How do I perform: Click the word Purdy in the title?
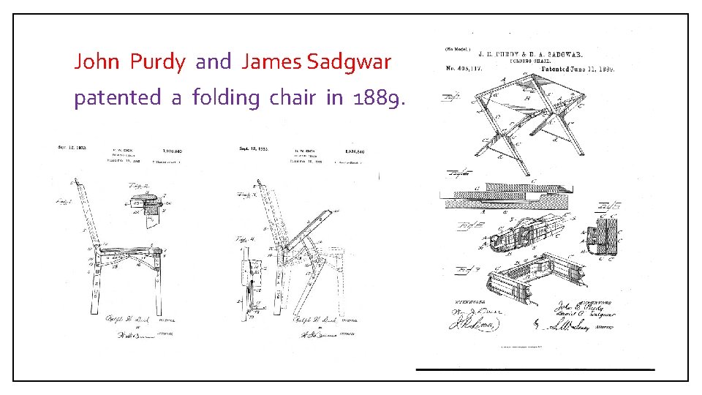[x=157, y=62]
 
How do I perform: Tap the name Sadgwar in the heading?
[x=349, y=62]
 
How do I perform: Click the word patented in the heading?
[x=117, y=99]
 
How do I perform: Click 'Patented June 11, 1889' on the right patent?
[x=577, y=69]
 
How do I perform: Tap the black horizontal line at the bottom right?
[x=535, y=370]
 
